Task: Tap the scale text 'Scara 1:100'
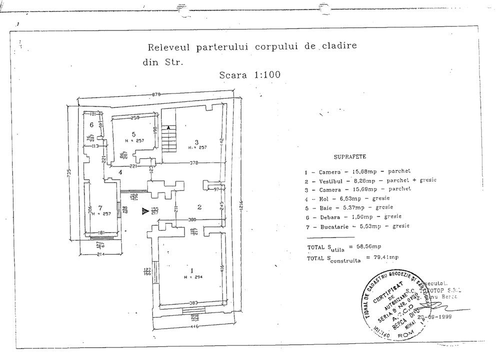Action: tap(249, 75)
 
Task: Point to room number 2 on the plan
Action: tap(199, 207)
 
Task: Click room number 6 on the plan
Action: tap(91, 124)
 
